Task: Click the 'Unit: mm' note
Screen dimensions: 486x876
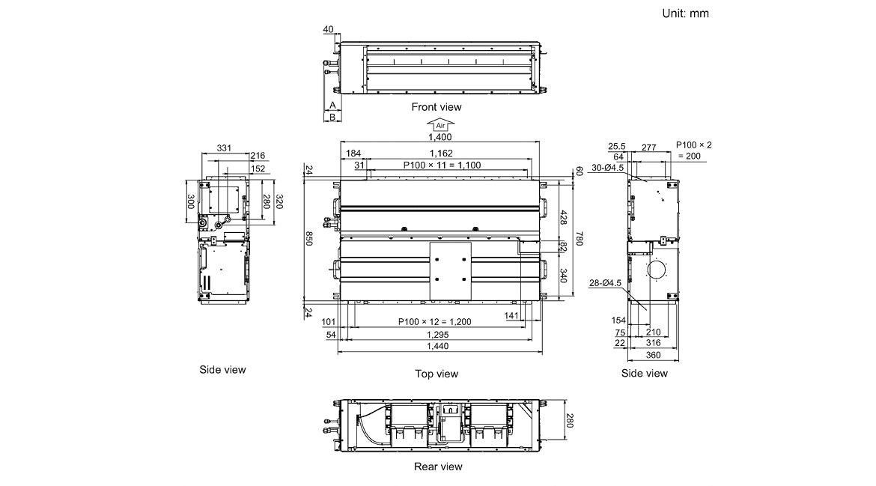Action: click(685, 13)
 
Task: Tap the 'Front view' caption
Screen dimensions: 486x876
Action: click(437, 107)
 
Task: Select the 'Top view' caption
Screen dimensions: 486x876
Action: click(437, 373)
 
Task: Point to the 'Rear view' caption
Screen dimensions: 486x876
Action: click(438, 467)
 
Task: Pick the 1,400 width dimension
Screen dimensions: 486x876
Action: click(440, 137)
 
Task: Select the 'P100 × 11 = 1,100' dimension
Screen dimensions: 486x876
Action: click(442, 165)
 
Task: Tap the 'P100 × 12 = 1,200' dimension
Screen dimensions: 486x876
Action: click(434, 322)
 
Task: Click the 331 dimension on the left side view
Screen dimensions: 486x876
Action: click(223, 148)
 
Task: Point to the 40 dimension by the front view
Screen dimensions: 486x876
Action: click(328, 29)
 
